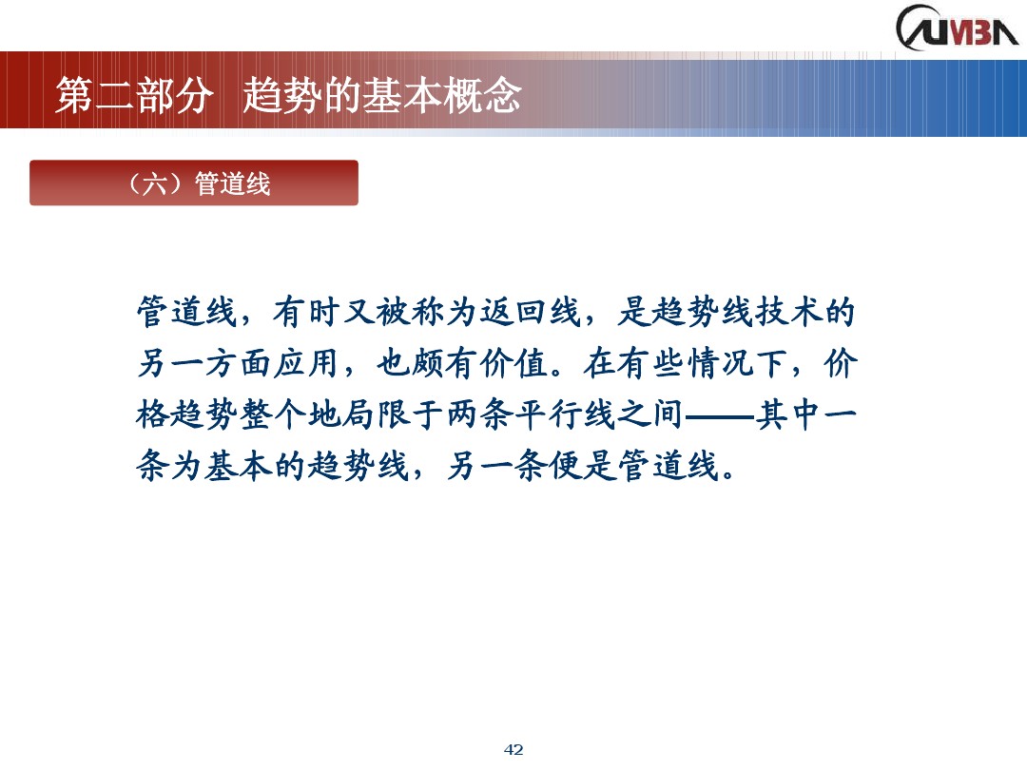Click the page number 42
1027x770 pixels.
(513, 750)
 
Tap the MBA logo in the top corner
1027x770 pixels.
(955, 27)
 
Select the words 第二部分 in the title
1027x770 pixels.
(131, 97)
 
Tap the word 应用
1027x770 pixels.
(308, 363)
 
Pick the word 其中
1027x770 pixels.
(787, 415)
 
